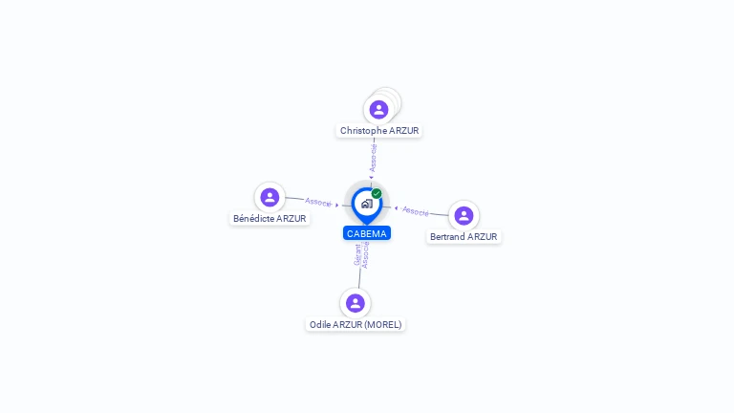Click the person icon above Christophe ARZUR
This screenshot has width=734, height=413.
point(378,109)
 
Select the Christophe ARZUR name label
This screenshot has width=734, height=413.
point(379,131)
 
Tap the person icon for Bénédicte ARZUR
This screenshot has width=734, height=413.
point(270,197)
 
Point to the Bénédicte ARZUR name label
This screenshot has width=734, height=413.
point(270,219)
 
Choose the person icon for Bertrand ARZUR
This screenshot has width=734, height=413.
point(464,215)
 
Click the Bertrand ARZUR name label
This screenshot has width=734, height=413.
point(464,237)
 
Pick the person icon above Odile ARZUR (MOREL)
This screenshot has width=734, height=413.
point(356,303)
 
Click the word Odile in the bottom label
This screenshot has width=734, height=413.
point(320,325)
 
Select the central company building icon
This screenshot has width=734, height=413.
point(366,203)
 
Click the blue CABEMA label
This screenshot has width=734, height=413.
point(367,233)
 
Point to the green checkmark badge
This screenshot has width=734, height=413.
point(377,193)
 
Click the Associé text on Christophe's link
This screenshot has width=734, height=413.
point(374,158)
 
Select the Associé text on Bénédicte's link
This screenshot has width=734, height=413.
point(318,203)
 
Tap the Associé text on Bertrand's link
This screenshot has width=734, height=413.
point(416,210)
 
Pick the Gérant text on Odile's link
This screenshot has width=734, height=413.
point(357,255)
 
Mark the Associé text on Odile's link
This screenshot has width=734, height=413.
point(365,254)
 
